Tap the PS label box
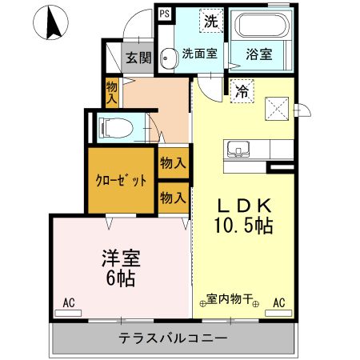tap(164, 14)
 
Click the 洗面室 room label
tap(198, 55)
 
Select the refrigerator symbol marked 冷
tap(239, 90)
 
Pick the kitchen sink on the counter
tap(239, 149)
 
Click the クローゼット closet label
tap(122, 180)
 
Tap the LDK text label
tap(243, 204)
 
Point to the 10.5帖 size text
tap(243, 226)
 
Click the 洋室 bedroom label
tap(119, 259)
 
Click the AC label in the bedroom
tap(68, 303)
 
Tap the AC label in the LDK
tap(279, 303)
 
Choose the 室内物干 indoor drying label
tap(230, 300)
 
